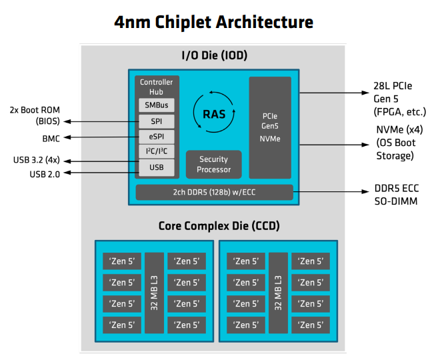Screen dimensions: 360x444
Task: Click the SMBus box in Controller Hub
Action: point(157,105)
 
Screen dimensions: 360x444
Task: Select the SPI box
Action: point(157,121)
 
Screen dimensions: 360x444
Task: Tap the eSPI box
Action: point(157,137)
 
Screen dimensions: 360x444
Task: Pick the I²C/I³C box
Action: point(157,152)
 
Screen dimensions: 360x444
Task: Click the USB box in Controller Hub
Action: point(157,167)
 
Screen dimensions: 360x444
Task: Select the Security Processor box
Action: point(213,164)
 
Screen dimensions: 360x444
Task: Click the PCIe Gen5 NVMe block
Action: point(270,127)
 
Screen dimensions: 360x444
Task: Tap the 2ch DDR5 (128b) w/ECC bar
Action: point(214,193)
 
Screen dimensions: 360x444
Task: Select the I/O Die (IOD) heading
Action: point(213,54)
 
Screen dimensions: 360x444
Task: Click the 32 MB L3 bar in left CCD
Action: point(154,293)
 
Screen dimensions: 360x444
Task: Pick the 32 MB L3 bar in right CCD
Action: point(278,293)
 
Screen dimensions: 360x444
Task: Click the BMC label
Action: point(51,137)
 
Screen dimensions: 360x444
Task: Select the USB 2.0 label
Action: point(45,174)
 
